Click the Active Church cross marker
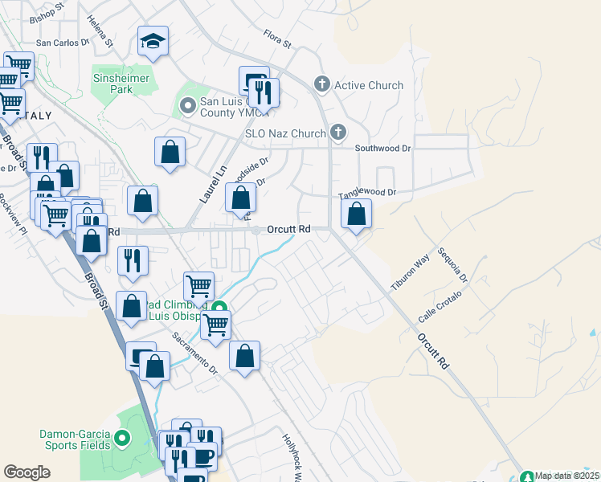[x=322, y=84]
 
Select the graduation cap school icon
[x=152, y=42]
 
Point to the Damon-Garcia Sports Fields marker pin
[x=122, y=439]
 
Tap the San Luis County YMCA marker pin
[x=188, y=105]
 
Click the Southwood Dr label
[x=382, y=148]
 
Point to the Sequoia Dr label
[x=452, y=264]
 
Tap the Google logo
[x=27, y=472]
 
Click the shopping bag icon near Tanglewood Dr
[x=356, y=214]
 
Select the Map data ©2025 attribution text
[x=567, y=476]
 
